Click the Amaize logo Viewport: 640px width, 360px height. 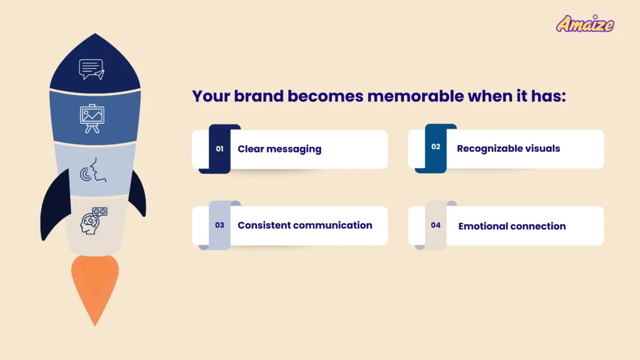pos(585,24)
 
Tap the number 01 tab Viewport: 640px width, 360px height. pos(219,149)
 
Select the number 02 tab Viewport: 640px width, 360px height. pos(436,147)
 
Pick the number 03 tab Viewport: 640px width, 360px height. pos(219,225)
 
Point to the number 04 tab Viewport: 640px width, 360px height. pos(436,225)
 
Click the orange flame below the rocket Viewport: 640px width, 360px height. pos(94,287)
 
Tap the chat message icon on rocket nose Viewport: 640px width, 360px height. pos(91,69)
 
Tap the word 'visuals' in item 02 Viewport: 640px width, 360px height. pos(541,149)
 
